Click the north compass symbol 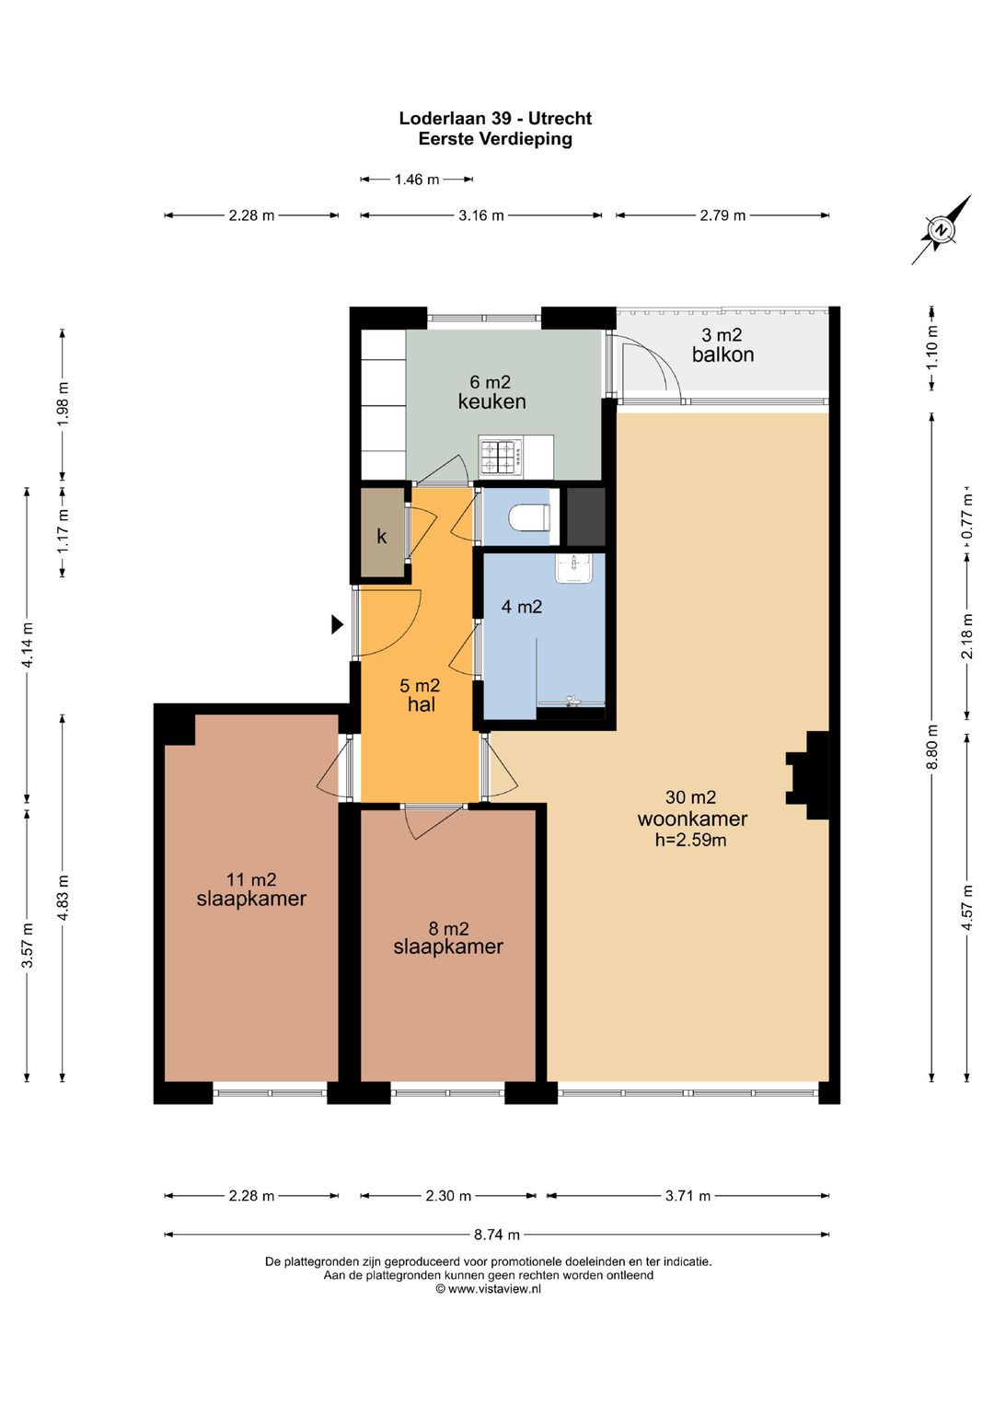[942, 229]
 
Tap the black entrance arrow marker [338, 624]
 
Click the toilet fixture [529, 518]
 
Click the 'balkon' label [723, 355]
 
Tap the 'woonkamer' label [692, 819]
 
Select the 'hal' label [422, 703]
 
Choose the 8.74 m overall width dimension [497, 1235]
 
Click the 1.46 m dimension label [417, 180]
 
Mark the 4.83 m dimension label [63, 898]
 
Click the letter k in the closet [381, 536]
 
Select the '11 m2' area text [251, 880]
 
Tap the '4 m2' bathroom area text [522, 607]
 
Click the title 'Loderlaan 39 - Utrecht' [495, 118]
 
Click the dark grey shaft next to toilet [585, 517]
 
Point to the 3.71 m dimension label [688, 1195]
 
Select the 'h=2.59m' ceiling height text [691, 840]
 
